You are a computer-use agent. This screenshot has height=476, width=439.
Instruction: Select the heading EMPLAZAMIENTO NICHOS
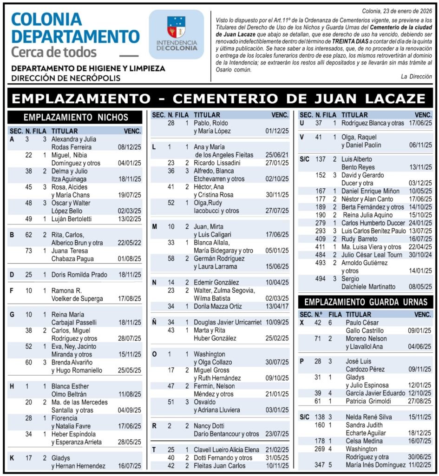tap(76, 117)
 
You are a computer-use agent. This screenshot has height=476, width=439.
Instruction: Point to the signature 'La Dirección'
tap(416, 77)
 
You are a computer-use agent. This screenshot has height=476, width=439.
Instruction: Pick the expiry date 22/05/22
tap(130, 243)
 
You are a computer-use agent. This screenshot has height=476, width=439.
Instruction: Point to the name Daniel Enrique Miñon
tap(370, 191)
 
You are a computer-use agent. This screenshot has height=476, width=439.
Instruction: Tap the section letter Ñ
tap(155, 322)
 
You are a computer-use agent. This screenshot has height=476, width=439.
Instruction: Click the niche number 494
tap(321, 279)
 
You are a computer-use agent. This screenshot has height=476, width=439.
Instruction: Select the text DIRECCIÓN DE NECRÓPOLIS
tap(66, 78)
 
